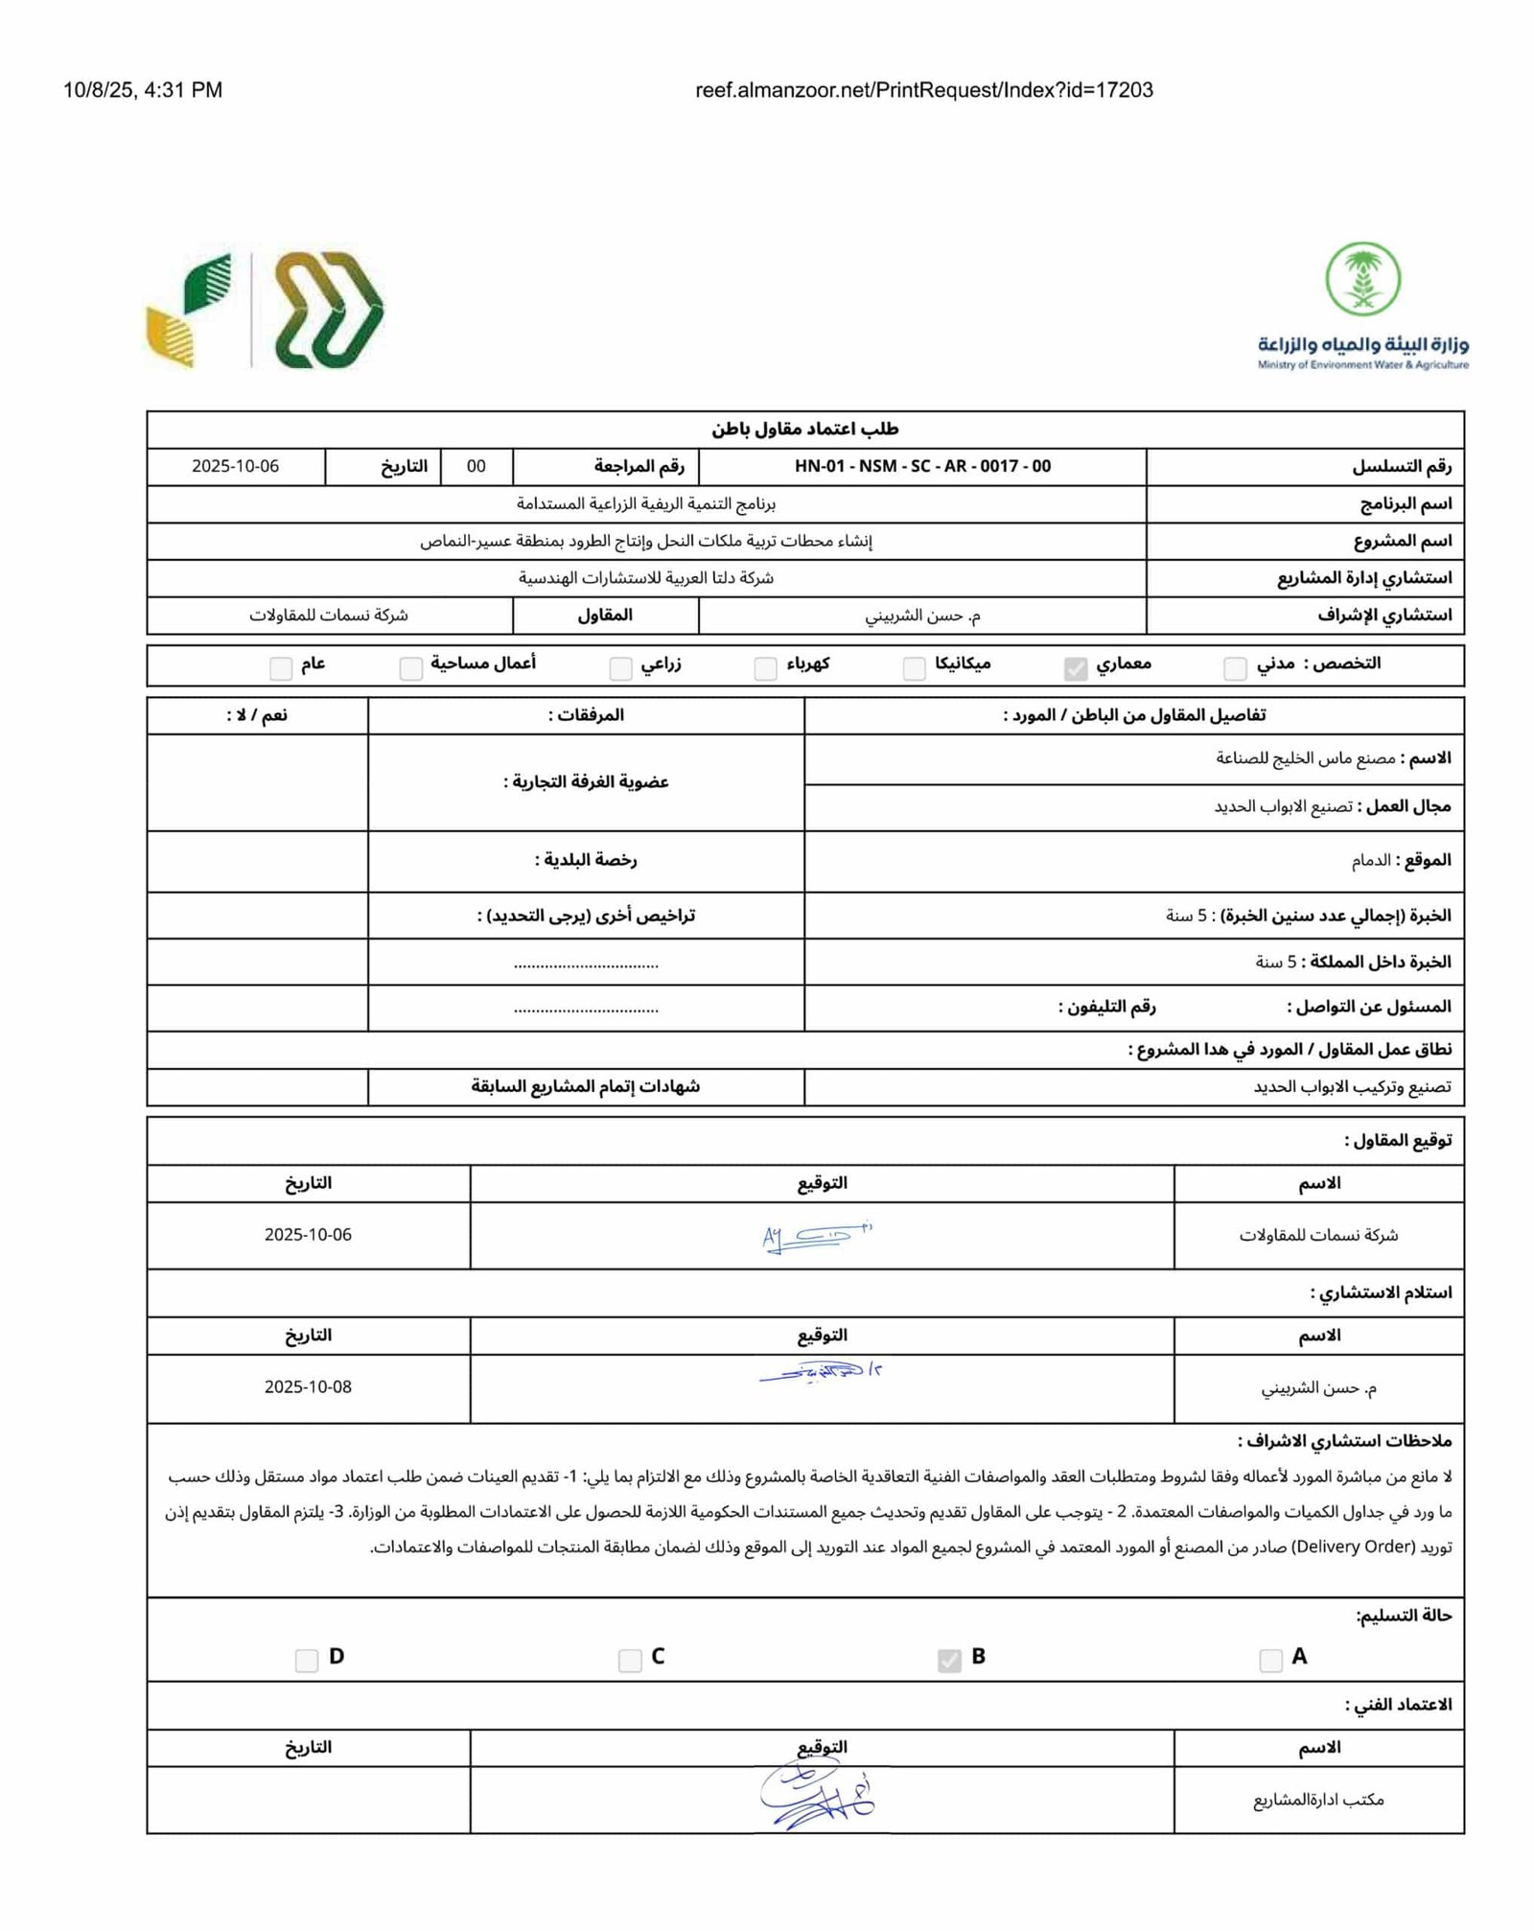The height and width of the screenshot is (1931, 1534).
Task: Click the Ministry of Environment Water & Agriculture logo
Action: tap(1362, 306)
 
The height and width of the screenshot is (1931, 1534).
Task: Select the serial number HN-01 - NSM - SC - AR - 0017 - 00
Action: tap(922, 467)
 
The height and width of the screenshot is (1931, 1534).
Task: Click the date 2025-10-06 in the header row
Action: tap(236, 467)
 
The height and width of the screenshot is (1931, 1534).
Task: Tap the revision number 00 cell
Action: tap(476, 467)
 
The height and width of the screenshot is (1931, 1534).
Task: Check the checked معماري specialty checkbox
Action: tap(1076, 668)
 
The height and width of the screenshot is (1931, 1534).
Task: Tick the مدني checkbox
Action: tap(1236, 667)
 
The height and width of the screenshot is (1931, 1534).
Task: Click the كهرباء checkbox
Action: tap(765, 668)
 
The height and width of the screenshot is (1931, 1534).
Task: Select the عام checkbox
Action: tap(281, 668)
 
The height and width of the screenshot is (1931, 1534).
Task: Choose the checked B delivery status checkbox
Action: tap(949, 1660)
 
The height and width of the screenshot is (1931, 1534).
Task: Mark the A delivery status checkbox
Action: tap(1270, 1660)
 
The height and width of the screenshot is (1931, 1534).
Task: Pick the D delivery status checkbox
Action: tap(307, 1660)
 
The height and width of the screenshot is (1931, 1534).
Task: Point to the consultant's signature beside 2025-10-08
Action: tap(821, 1374)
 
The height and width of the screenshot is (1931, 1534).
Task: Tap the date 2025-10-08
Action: tap(308, 1387)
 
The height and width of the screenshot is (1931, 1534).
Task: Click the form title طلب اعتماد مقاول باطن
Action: tap(804, 430)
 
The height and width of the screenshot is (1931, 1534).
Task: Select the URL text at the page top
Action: tap(923, 90)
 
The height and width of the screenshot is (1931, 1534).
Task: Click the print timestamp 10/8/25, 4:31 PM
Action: tap(143, 90)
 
